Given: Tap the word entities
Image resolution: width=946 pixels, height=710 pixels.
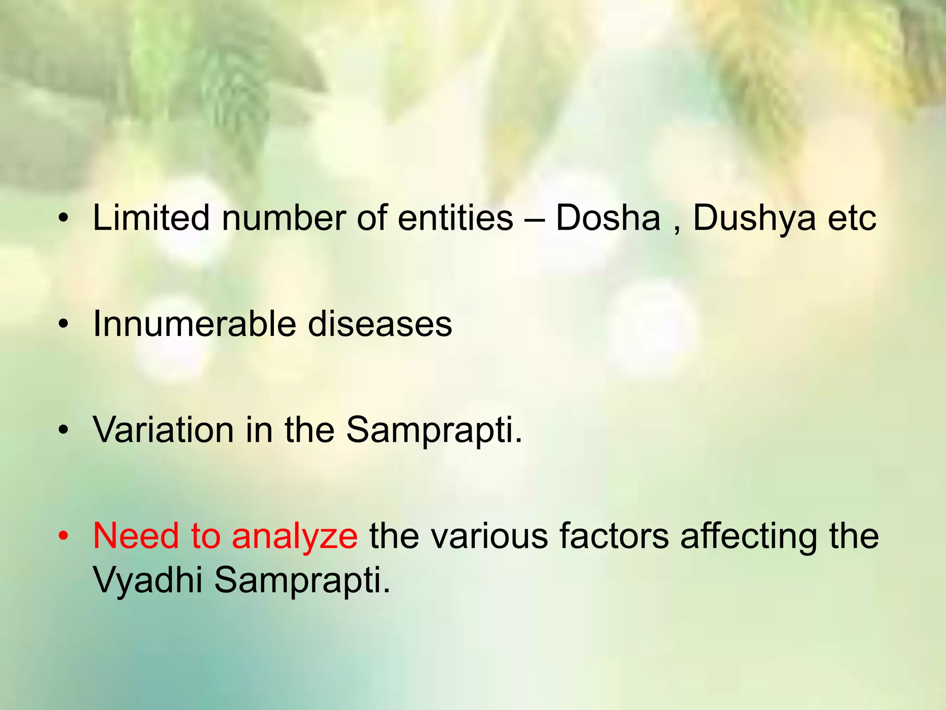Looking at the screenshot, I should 455,217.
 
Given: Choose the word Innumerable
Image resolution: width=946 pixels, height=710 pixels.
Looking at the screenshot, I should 194,324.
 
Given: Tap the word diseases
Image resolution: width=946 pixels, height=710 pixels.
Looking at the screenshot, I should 380,324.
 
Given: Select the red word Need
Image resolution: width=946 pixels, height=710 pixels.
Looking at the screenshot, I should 136,536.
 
